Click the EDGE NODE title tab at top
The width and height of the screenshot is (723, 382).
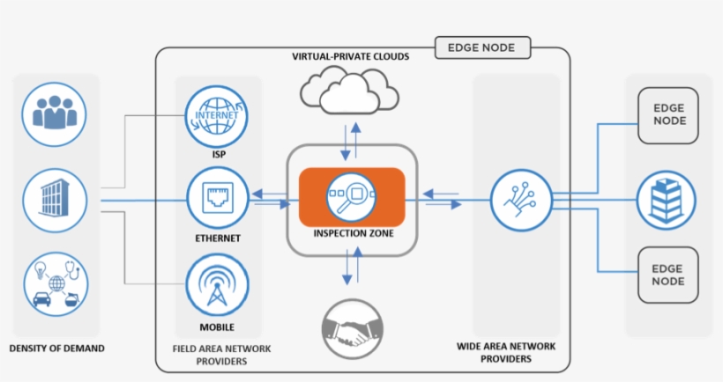pyautogui.click(x=482, y=48)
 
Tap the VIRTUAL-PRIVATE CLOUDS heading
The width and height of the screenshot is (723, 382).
pyautogui.click(x=351, y=57)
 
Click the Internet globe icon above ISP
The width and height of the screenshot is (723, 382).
pyautogui.click(x=216, y=121)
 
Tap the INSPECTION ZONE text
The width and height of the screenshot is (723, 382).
pyautogui.click(x=352, y=233)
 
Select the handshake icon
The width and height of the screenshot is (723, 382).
pyautogui.click(x=351, y=329)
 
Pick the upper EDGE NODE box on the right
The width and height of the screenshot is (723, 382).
pyautogui.click(x=668, y=115)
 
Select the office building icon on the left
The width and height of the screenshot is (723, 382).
pyautogui.click(x=56, y=198)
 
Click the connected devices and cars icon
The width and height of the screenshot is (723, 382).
pyautogui.click(x=56, y=283)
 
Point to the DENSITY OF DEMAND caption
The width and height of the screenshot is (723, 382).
pyautogui.click(x=56, y=349)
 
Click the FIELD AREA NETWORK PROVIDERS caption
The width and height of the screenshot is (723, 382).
pyautogui.click(x=216, y=355)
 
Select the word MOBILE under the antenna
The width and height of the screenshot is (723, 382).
pyautogui.click(x=216, y=327)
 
